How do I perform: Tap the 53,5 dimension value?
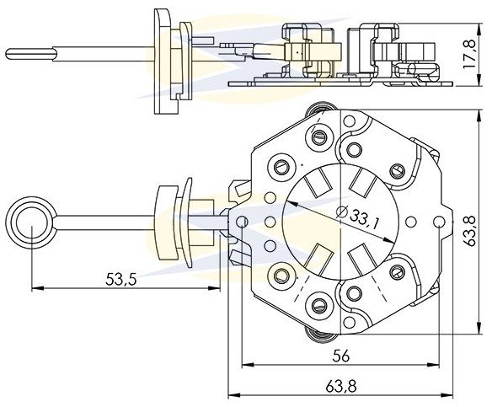point(121,279)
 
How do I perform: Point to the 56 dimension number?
point(341,356)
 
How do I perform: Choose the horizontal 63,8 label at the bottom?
point(341,387)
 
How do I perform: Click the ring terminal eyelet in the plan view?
point(31,223)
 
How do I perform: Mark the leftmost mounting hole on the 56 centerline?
point(242,222)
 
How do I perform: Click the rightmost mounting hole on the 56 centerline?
point(439,222)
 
